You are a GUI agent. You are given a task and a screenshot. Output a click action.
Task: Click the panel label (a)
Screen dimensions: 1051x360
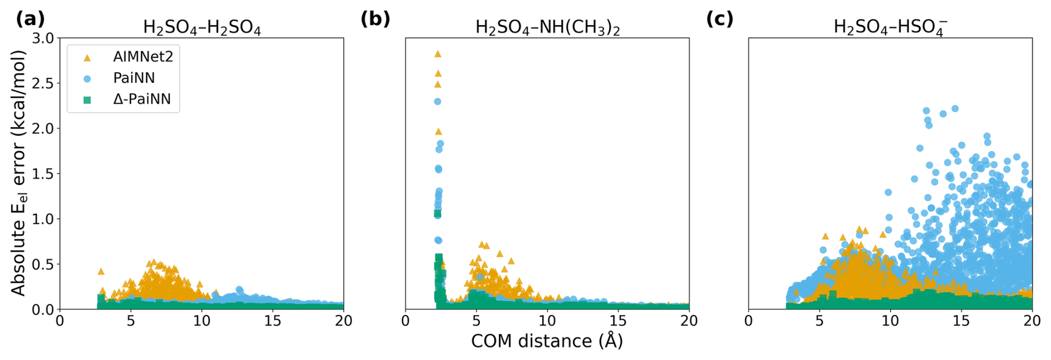pos(30,19)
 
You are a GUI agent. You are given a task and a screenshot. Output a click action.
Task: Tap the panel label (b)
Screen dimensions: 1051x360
pos(376,19)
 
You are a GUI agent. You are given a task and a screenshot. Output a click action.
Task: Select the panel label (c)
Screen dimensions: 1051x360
pos(720,19)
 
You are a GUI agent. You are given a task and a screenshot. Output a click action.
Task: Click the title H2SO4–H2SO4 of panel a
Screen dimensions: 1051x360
pos(202,28)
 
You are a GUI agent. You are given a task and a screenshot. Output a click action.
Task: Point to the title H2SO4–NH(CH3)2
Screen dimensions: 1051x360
pos(548,28)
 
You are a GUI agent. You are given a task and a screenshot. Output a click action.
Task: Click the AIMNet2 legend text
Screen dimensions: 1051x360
pos(143,57)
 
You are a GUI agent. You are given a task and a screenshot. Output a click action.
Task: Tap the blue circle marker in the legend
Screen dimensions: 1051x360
pos(87,79)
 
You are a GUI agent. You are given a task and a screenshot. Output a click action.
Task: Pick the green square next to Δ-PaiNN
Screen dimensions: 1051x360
pos(87,100)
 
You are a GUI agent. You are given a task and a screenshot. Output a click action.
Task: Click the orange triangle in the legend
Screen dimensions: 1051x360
pos(87,58)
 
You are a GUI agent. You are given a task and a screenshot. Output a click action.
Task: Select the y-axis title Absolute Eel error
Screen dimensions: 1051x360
pos(19,173)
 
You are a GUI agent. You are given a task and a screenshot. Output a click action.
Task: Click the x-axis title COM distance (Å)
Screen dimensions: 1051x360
pos(547,341)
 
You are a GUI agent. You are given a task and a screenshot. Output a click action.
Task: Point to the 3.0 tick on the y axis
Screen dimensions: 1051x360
pos(43,38)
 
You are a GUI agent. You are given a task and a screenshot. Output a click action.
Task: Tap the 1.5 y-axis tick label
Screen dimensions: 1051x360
pos(43,174)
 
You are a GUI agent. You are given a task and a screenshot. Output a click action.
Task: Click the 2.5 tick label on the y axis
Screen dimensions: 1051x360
pos(43,83)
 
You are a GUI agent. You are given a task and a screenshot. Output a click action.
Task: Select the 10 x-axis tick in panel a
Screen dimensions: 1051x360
pos(202,321)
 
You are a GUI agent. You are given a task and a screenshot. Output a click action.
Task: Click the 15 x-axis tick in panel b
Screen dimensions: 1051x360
pos(618,321)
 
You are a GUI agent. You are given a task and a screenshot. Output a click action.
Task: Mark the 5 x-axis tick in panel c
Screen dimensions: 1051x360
pos(819,321)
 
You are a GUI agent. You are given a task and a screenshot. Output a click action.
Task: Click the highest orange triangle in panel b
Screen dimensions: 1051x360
pos(438,54)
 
